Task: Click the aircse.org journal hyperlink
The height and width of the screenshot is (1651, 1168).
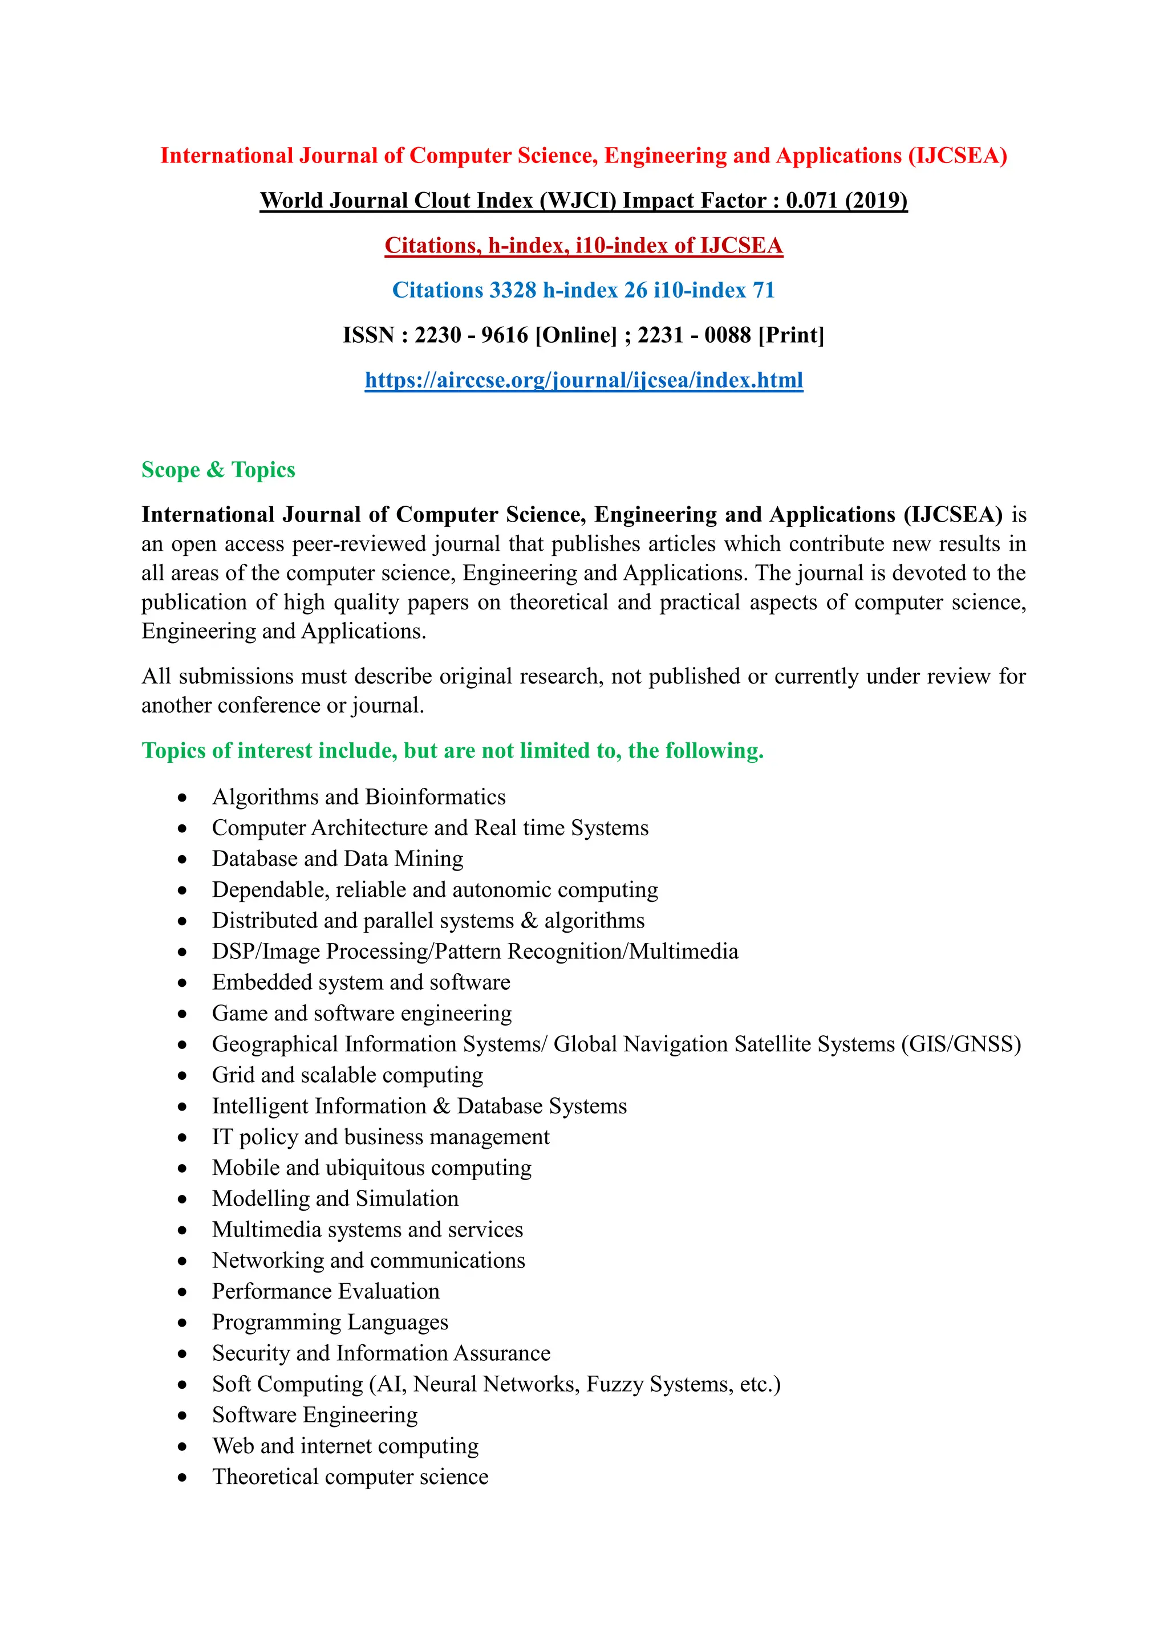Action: pos(583,380)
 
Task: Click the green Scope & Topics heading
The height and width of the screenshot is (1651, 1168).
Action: pos(218,470)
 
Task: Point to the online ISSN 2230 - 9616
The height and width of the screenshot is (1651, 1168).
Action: pos(471,335)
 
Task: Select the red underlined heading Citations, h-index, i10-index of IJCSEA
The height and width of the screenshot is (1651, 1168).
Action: pos(583,245)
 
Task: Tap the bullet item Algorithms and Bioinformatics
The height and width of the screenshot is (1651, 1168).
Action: pos(358,797)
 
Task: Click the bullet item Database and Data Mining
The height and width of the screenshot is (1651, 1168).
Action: pos(337,859)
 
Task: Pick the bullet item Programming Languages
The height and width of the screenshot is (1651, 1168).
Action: pos(330,1323)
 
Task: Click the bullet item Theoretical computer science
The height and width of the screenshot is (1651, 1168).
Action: pos(350,1477)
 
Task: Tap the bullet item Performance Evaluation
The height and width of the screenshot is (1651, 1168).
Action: pos(325,1291)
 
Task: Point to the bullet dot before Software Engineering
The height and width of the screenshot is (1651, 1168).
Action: pos(182,1416)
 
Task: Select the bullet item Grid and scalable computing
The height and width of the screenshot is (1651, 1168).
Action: pos(347,1075)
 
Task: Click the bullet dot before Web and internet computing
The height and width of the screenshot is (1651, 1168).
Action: pos(182,1447)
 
